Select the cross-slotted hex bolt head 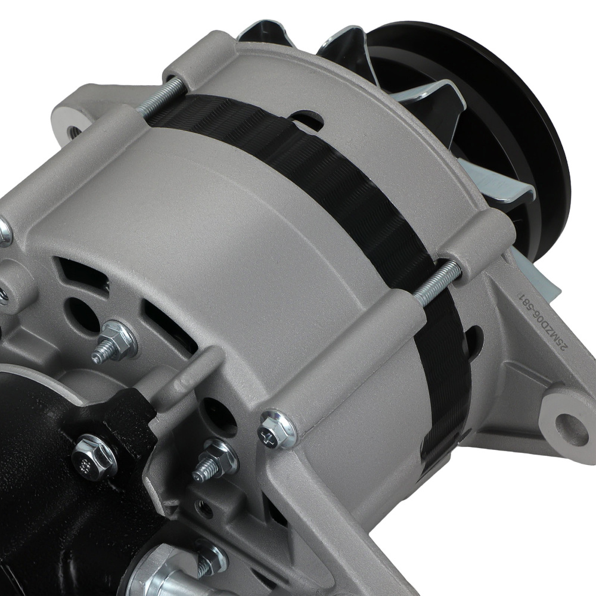click(x=278, y=428)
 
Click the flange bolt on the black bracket click(x=94, y=456)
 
